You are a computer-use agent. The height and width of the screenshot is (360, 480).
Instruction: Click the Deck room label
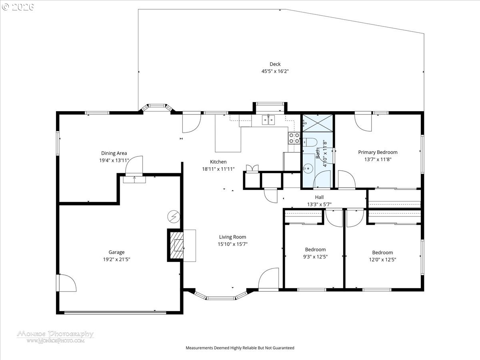[275, 64]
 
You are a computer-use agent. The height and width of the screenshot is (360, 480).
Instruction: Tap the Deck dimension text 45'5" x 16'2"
[275, 71]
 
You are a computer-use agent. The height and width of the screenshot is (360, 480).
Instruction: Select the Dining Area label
[114, 153]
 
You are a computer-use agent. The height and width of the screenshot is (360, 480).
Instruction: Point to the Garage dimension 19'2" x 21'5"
[116, 260]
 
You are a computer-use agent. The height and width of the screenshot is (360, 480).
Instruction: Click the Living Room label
[232, 237]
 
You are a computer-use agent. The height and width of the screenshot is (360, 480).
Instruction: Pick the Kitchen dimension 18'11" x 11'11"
[218, 169]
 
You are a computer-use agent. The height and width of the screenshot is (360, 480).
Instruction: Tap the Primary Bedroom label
[378, 152]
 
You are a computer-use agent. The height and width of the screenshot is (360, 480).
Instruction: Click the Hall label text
[319, 197]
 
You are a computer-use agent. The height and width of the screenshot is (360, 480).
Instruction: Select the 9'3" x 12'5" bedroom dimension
[315, 257]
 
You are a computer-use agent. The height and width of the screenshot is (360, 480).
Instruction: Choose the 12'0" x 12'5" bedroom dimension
[382, 260]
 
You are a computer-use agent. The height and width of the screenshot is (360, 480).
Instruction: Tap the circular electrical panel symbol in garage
[174, 217]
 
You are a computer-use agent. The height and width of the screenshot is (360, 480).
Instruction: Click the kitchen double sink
[268, 120]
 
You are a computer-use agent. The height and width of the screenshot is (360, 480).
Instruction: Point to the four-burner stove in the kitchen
[294, 138]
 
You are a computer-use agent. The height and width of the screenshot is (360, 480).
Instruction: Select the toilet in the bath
[310, 142]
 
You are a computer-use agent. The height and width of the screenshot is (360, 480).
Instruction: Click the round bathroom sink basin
[308, 168]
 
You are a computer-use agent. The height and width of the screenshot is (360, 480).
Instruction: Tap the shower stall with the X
[318, 123]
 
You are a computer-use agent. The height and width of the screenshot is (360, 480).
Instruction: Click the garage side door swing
[67, 283]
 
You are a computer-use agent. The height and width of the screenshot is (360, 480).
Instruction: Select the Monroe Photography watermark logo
[55, 337]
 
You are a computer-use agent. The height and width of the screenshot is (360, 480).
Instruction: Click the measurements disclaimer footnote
[240, 348]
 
